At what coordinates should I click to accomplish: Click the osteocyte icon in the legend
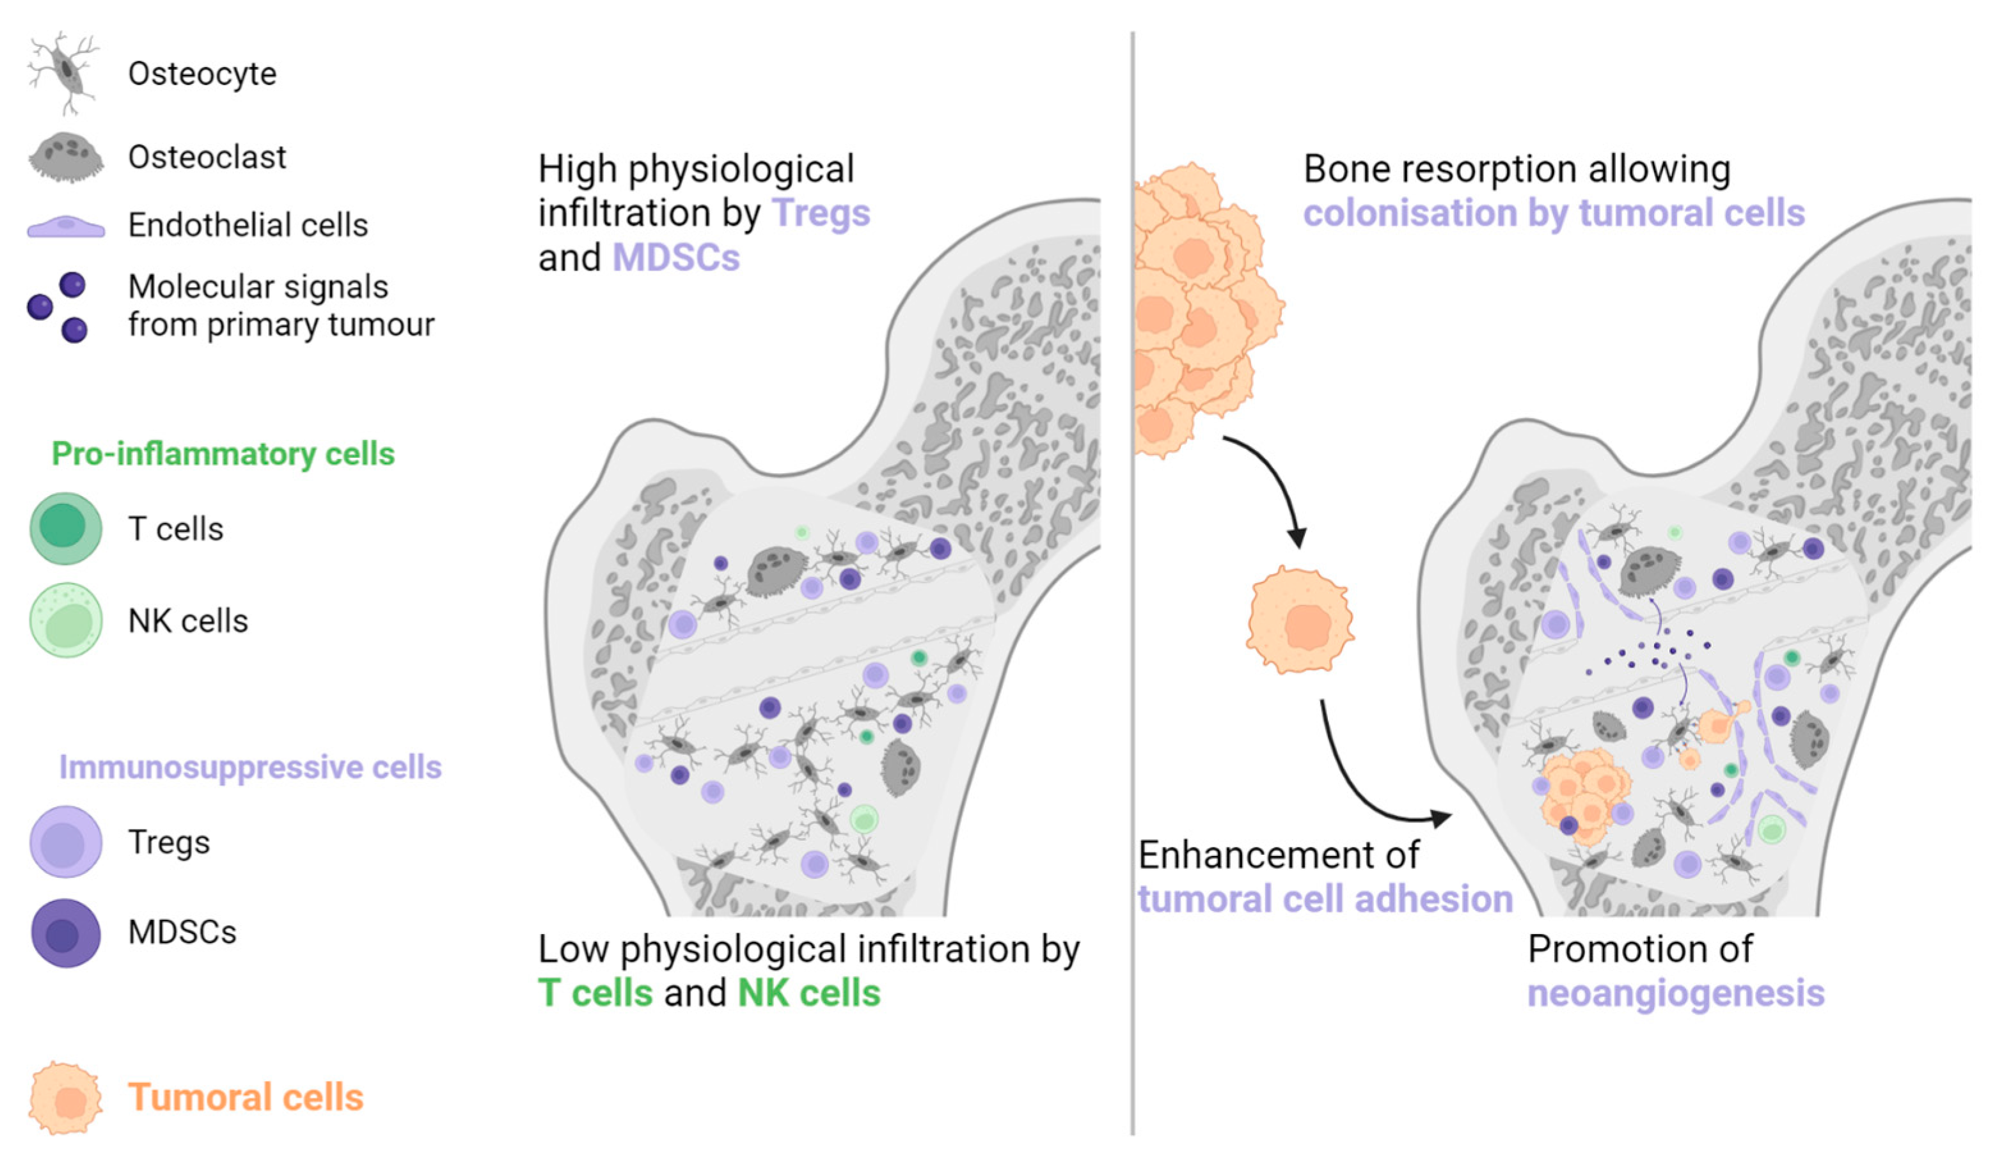pyautogui.click(x=63, y=73)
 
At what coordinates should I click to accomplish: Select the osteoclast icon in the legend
pyautogui.click(x=66, y=157)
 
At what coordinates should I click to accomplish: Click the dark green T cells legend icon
pyautogui.click(x=66, y=528)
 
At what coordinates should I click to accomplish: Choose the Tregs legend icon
pyautogui.click(x=66, y=841)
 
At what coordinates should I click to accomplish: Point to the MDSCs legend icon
pyautogui.click(x=66, y=932)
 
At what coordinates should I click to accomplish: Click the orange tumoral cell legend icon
pyautogui.click(x=66, y=1098)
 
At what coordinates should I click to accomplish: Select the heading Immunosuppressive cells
pyautogui.click(x=250, y=767)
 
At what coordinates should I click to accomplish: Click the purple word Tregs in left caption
pyautogui.click(x=820, y=213)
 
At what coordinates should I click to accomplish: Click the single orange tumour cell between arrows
pyautogui.click(x=1299, y=619)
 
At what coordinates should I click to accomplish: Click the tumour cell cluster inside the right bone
pyautogui.click(x=1583, y=795)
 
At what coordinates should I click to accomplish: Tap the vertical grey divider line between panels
pyautogui.click(x=1133, y=586)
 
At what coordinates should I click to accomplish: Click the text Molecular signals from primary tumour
pyautogui.click(x=280, y=306)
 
